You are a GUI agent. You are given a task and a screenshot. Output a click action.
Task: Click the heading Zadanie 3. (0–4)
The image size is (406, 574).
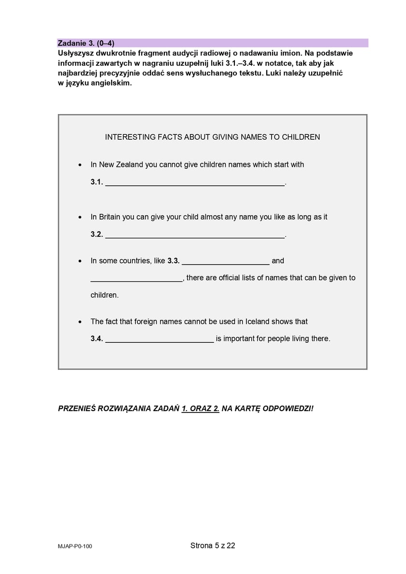point(86,43)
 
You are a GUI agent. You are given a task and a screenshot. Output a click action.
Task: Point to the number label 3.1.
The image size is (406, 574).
point(97,182)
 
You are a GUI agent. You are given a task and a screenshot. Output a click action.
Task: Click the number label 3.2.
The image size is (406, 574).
point(97,235)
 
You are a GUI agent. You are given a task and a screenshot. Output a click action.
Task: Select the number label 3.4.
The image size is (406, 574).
point(97,339)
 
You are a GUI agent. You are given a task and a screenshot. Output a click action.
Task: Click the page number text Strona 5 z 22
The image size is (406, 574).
point(213,546)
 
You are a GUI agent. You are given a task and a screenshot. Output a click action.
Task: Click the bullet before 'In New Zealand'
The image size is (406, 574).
point(80,165)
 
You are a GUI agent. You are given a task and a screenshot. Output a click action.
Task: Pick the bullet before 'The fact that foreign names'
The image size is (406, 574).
point(80,322)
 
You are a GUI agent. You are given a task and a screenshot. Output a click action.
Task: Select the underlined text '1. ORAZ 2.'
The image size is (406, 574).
point(201,409)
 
